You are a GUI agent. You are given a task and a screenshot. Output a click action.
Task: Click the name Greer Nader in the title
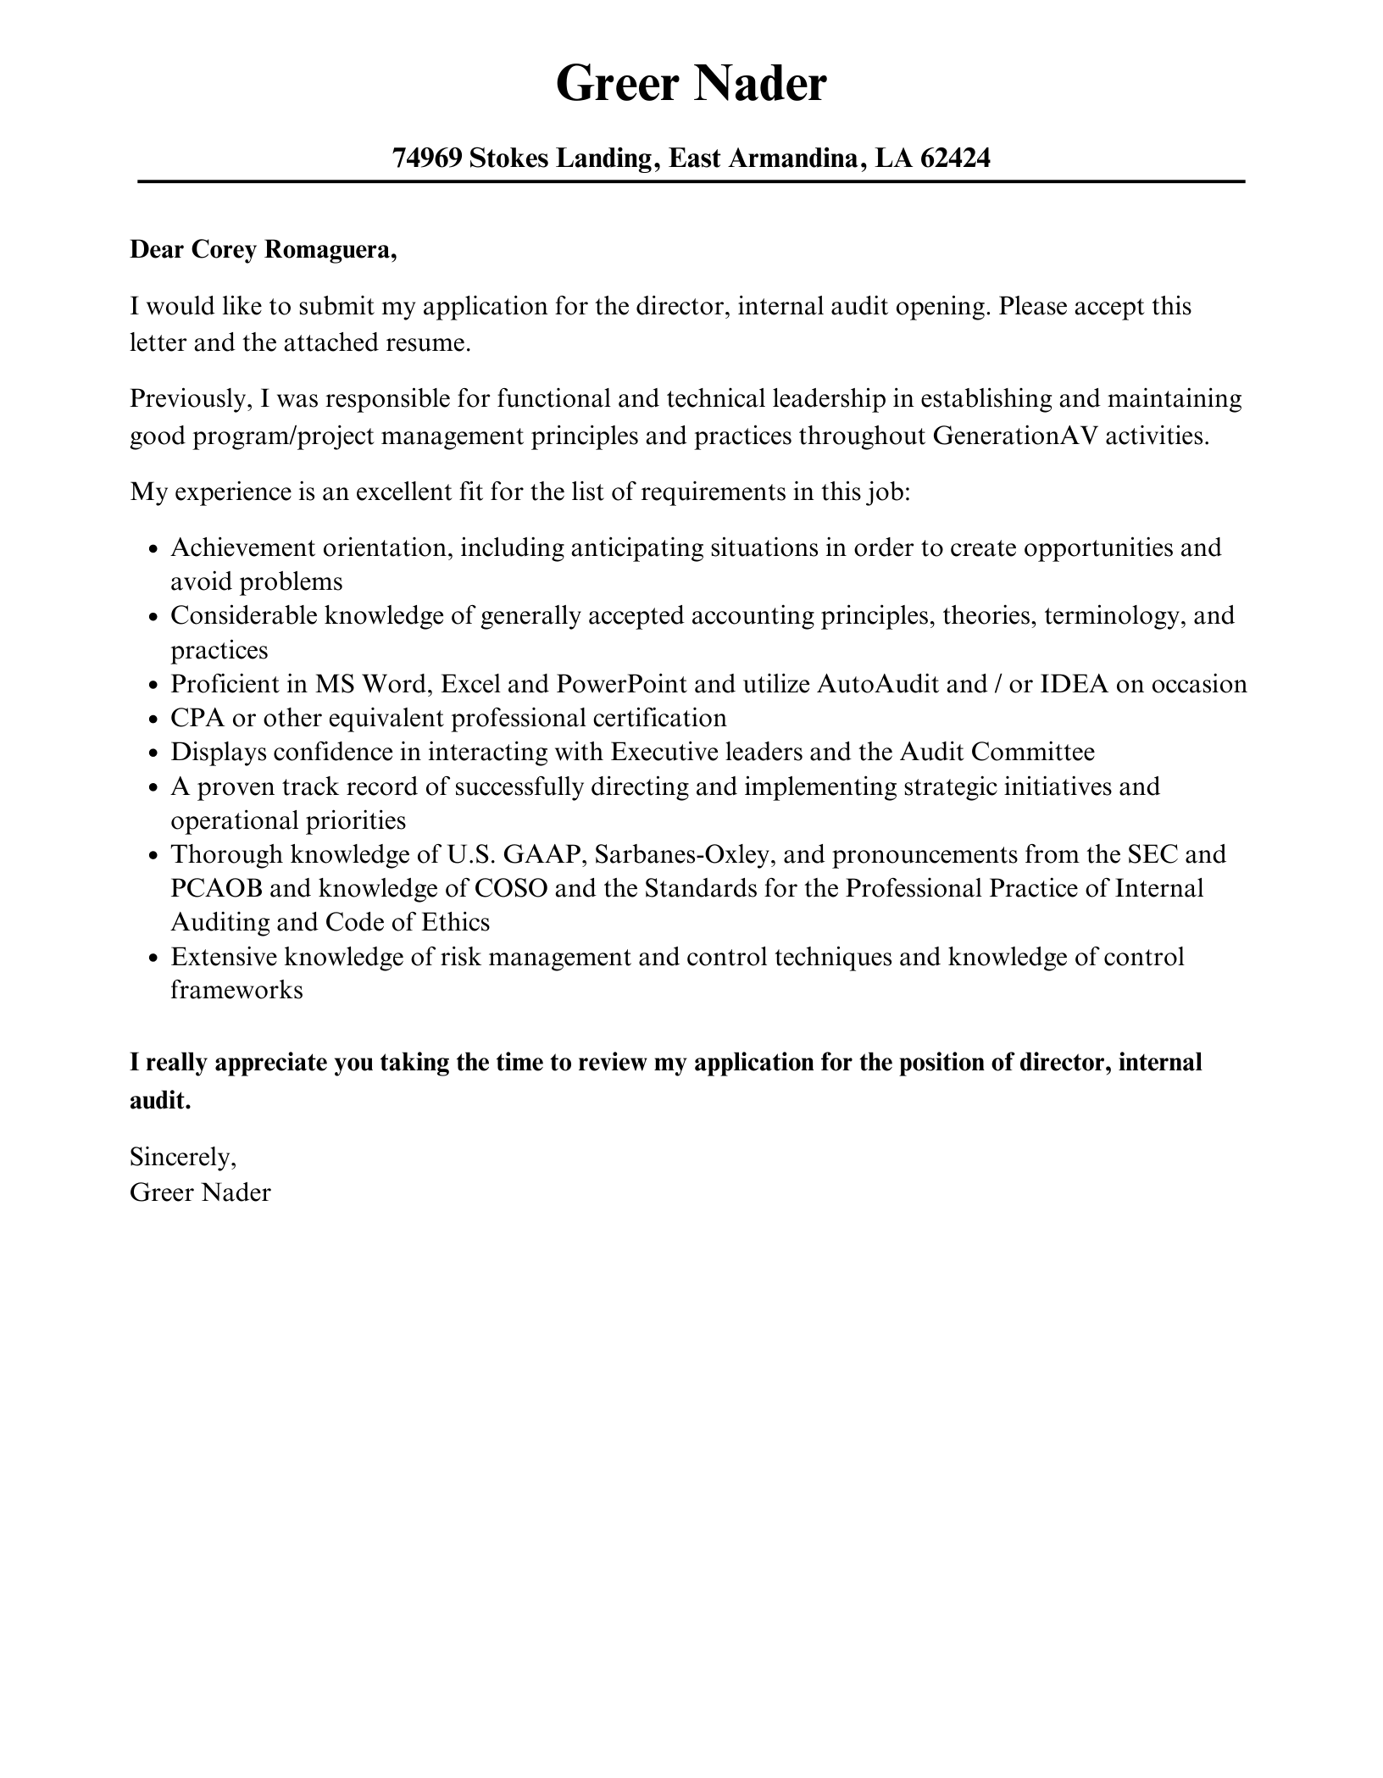[691, 84]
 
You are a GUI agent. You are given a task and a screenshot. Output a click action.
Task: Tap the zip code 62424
[954, 158]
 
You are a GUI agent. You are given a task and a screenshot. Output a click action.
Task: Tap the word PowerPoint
[621, 684]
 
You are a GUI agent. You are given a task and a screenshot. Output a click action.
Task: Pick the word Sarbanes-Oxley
[684, 854]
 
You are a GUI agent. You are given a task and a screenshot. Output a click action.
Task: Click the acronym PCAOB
[216, 888]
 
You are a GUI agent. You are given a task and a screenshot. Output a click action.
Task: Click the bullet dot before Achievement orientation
[153, 550]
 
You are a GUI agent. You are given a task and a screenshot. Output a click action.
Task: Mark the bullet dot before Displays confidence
[153, 754]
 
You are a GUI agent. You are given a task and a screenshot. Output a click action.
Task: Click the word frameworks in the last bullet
[236, 990]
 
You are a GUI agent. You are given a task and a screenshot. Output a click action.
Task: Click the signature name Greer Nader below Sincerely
[200, 1192]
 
